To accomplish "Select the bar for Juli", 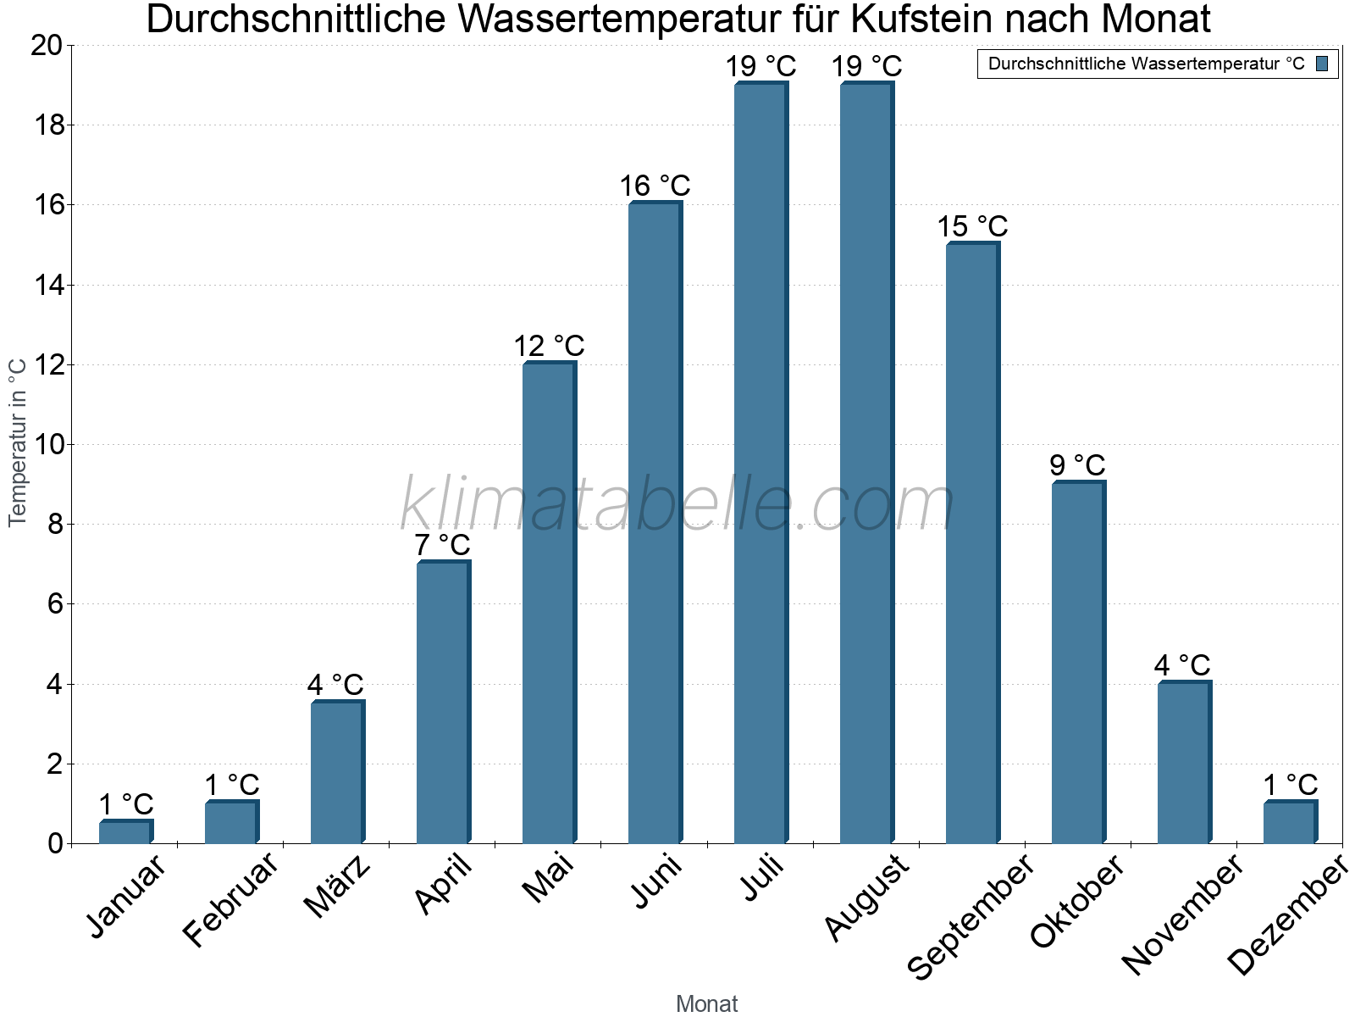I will click(760, 463).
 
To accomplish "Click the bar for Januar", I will click(124, 832).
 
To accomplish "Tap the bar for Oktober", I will click(1077, 663).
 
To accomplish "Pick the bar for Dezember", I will click(1289, 822).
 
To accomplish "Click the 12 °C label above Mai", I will click(549, 346).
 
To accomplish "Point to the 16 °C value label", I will click(655, 186).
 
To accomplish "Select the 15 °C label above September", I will click(972, 226).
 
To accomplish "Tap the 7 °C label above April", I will click(442, 545).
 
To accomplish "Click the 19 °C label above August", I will click(866, 66).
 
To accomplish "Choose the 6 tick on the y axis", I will click(55, 604).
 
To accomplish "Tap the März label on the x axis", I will click(337, 886).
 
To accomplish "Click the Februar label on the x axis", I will click(230, 898).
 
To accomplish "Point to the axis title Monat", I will click(706, 1003).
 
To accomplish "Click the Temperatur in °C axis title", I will click(17, 442).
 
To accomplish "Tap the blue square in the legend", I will click(1323, 64).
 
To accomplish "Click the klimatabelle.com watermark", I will click(677, 505).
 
